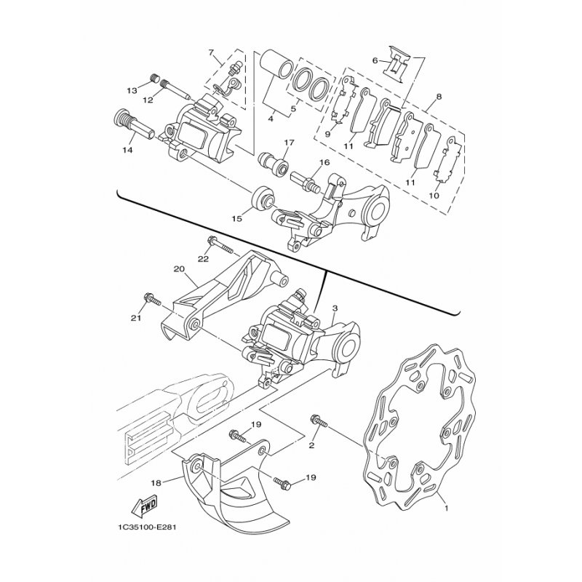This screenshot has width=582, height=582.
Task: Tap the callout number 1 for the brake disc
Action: pos(447,508)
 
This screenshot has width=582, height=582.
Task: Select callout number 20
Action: pos(178,268)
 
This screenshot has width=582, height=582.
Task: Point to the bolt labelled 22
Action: pos(220,246)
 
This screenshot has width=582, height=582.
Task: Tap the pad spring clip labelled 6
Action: pos(398,64)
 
